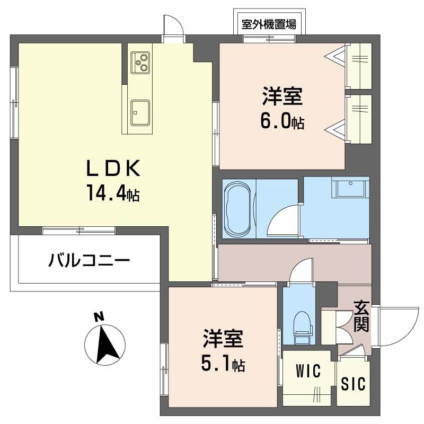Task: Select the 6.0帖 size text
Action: tap(281, 121)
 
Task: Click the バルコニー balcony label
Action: tap(89, 260)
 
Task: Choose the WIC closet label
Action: tap(308, 372)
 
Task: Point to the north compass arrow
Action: tap(108, 343)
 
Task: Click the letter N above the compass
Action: tap(98, 317)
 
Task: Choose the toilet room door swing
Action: tap(302, 270)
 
